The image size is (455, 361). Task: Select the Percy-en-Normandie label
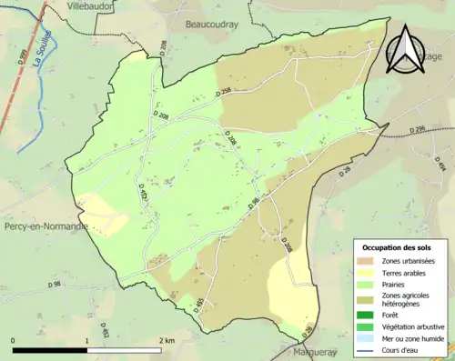tap(45, 226)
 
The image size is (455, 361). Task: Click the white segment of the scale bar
tap(125, 348)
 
